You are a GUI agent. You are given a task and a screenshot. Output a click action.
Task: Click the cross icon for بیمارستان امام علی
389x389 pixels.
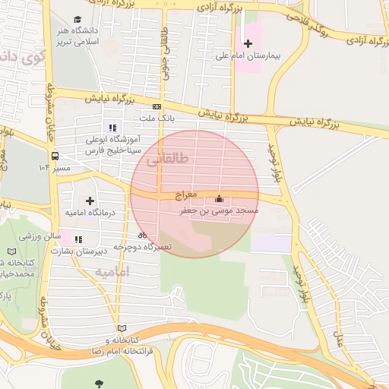(248, 43)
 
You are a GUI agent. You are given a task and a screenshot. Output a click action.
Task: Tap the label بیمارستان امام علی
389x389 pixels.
(248, 55)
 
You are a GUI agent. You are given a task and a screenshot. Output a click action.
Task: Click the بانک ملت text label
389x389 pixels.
(158, 119)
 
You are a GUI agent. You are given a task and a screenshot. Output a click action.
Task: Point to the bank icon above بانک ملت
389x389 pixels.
(157, 107)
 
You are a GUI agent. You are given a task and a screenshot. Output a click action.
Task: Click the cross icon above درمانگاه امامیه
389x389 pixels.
(90, 201)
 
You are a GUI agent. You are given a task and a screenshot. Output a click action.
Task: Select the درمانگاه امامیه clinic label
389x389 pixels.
(90, 213)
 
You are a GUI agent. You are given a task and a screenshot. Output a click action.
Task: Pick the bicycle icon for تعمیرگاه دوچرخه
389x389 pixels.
(143, 236)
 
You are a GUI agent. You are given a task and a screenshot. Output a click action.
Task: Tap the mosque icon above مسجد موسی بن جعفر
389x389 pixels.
(220, 198)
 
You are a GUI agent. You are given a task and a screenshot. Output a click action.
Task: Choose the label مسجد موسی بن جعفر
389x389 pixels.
(219, 210)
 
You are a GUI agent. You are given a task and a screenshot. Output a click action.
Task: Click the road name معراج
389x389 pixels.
(185, 195)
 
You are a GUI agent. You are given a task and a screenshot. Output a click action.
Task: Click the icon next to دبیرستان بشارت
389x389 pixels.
(78, 239)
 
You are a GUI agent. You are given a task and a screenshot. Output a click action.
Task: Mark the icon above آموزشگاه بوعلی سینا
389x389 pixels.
(112, 128)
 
